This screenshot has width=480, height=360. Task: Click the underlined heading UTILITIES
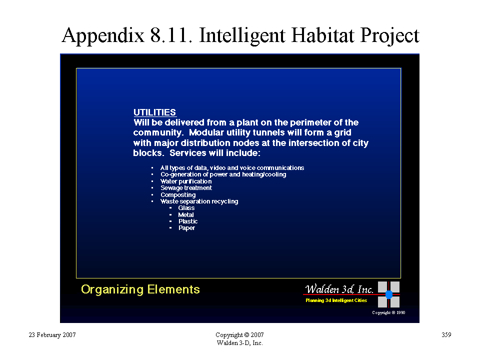[x=154, y=112]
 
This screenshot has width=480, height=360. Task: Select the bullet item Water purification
[x=186, y=181]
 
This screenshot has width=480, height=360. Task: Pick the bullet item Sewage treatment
[x=186, y=187]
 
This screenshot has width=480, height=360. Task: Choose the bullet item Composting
[x=178, y=194]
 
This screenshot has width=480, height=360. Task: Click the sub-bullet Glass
[x=186, y=208]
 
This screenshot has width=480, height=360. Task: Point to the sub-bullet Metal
[x=186, y=215]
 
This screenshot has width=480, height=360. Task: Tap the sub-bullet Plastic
[x=188, y=221]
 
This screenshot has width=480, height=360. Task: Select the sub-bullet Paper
[x=186, y=228]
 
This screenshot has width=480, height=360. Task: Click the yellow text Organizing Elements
[x=140, y=289]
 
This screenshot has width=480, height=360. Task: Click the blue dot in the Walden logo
[x=389, y=294]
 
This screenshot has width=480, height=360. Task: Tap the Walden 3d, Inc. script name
[x=339, y=288]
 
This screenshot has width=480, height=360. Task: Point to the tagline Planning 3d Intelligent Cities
[x=336, y=300]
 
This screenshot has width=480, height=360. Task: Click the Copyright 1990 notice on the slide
[x=388, y=312]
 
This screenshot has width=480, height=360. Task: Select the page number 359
[x=446, y=334]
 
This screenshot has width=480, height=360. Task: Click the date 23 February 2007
[x=52, y=335]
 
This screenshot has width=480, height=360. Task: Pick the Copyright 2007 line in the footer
[x=239, y=335]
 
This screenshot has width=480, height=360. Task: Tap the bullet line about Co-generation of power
[x=223, y=174]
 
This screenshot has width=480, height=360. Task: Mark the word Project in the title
[x=389, y=35]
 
